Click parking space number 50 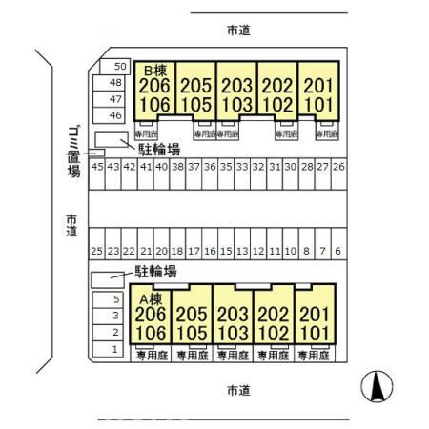(119, 66)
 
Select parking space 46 (116, 115)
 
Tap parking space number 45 (96, 166)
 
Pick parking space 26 (337, 166)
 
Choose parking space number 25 (96, 251)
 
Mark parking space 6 (337, 251)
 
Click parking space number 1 (115, 349)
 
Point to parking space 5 (115, 298)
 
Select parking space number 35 (226, 166)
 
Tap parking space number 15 (226, 251)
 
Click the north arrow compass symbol (378, 387)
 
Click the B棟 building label (156, 71)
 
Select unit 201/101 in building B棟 (318, 93)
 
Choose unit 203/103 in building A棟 (233, 321)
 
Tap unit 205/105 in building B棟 (196, 93)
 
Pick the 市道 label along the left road (71, 227)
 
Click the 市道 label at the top (238, 31)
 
